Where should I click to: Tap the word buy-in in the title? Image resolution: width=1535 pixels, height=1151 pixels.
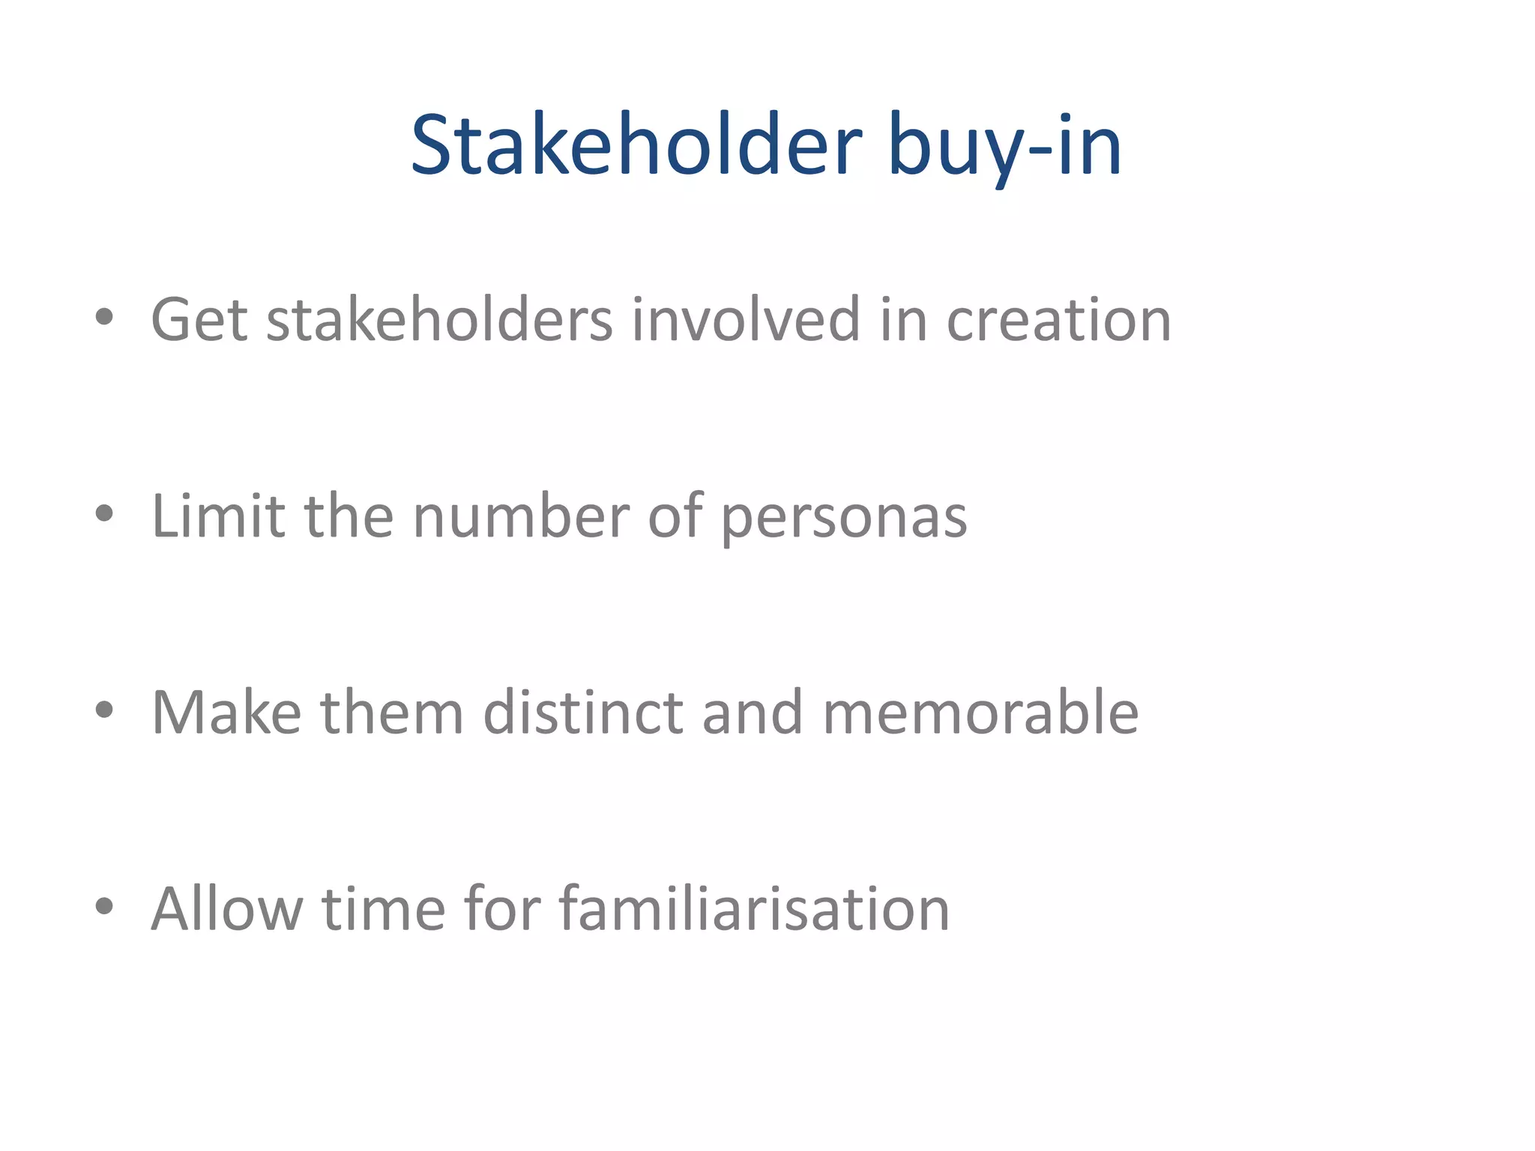[1004, 146]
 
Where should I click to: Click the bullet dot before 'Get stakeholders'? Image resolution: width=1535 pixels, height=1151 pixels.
[104, 317]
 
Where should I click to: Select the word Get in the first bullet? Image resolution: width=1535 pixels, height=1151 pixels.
[199, 320]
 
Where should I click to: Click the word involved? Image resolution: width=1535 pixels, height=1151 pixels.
[746, 320]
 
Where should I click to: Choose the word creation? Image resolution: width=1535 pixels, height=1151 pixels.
[1058, 320]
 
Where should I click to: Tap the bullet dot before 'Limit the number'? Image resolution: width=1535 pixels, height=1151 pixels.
[104, 513]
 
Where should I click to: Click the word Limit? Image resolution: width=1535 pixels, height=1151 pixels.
[218, 516]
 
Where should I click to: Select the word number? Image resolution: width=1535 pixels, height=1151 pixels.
[521, 516]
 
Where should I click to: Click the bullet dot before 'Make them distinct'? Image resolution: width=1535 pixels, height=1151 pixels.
[104, 710]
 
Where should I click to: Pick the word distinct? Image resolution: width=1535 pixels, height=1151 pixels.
[583, 713]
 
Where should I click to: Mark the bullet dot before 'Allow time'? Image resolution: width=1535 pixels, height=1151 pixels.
[104, 906]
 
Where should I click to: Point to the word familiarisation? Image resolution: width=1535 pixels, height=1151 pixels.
[754, 909]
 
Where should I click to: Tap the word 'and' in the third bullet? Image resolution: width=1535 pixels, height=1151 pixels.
[753, 713]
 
